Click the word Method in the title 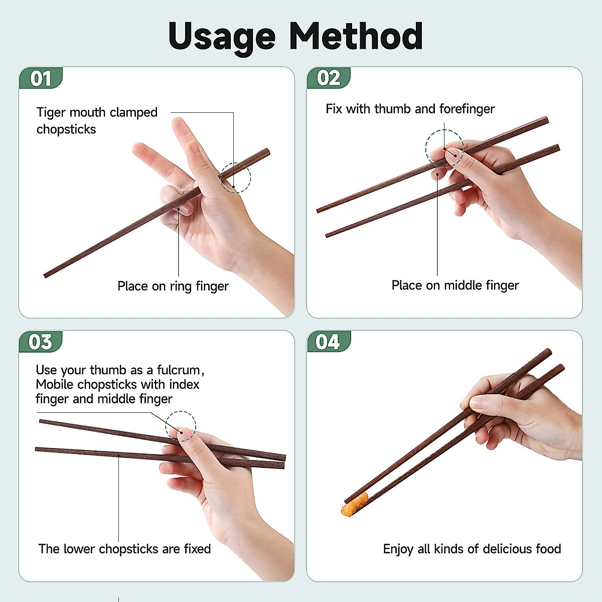coord(356,36)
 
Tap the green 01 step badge coord(41,78)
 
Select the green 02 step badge coord(329,78)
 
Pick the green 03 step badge coord(41,342)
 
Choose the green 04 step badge coord(329,342)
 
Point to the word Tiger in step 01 coord(51,113)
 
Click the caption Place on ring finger coord(173,286)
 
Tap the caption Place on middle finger coord(455,285)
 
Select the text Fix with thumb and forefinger coord(410,109)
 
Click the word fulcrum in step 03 coord(181,370)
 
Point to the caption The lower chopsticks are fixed coord(124,549)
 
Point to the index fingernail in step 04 coord(477,404)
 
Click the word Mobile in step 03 coord(55,385)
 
